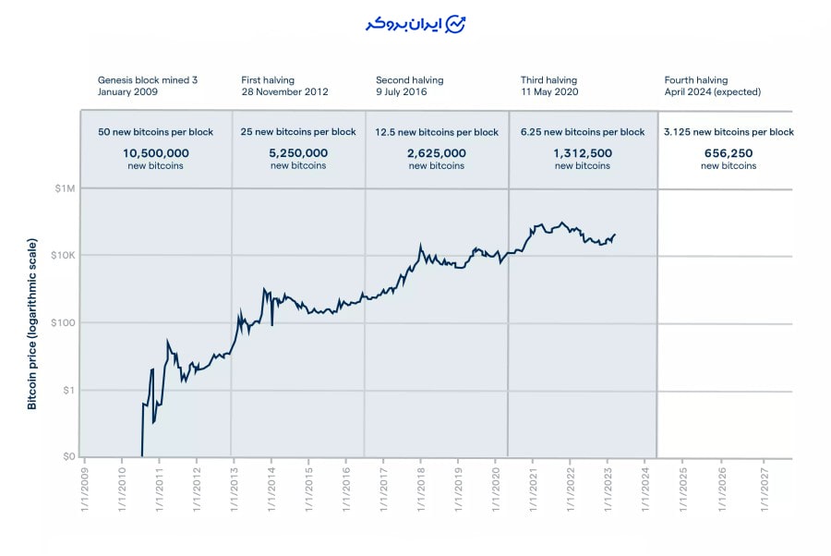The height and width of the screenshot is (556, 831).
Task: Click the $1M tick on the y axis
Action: pyautogui.click(x=64, y=188)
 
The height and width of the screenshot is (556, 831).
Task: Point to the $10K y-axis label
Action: pyautogui.click(x=62, y=256)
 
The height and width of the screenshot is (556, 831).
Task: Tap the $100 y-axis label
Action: pyautogui.click(x=62, y=323)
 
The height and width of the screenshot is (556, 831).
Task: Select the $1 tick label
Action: pyautogui.click(x=68, y=391)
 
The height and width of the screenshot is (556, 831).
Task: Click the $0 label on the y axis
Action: pyautogui.click(x=68, y=457)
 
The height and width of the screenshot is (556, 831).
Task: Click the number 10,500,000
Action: pyautogui.click(x=156, y=153)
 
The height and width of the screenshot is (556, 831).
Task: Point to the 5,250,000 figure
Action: pyautogui.click(x=298, y=153)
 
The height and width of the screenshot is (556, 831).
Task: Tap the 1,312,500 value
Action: pyautogui.click(x=583, y=153)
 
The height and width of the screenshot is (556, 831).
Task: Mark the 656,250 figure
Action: pyautogui.click(x=729, y=153)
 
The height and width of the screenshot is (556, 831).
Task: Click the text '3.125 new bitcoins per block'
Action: pyautogui.click(x=729, y=132)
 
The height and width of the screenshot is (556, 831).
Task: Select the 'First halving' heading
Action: pyautogui.click(x=267, y=80)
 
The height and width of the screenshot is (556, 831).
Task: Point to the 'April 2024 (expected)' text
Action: pyautogui.click(x=712, y=92)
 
